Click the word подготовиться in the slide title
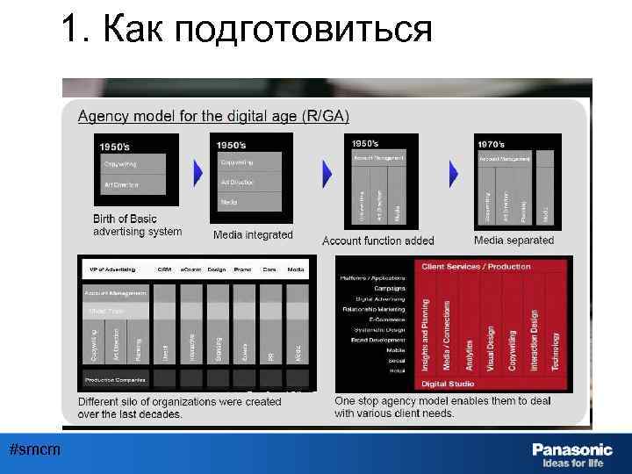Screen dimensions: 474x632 tap(304, 30)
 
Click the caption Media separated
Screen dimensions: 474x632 tap(513, 240)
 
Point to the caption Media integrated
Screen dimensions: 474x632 tap(253, 235)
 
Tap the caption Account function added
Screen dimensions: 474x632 tap(378, 241)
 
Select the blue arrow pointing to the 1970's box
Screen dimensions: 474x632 tap(455, 173)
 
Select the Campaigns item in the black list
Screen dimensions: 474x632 tap(390, 288)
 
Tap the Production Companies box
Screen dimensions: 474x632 tap(115, 380)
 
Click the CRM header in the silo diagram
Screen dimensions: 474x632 tap(164, 269)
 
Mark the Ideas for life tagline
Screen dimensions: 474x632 tap(572, 463)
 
